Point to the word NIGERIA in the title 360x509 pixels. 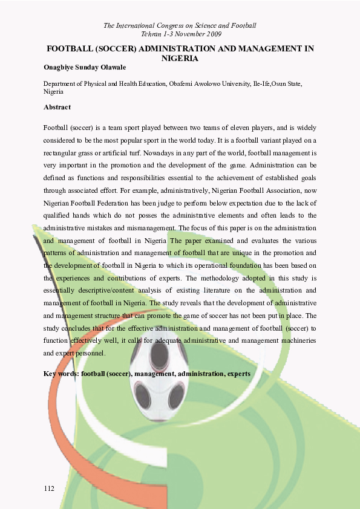click(180, 59)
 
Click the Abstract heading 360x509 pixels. click(57, 107)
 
